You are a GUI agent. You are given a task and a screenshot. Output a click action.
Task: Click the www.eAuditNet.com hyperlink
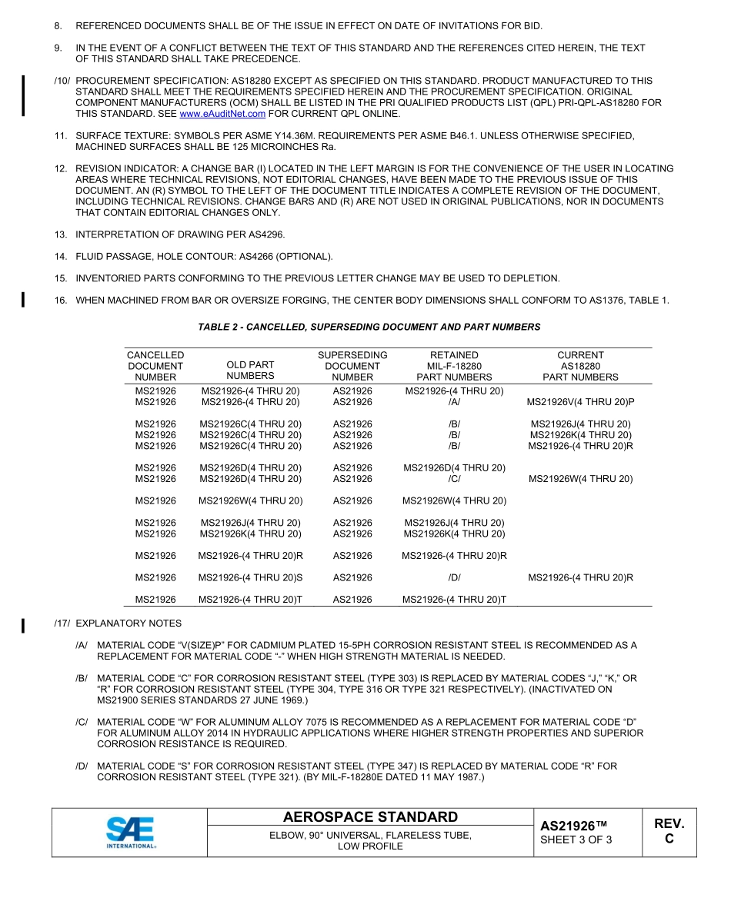tap(222, 114)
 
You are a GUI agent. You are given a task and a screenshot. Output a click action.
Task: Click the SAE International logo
tap(131, 832)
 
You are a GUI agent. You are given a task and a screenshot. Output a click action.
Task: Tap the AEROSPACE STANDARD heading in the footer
tap(370, 817)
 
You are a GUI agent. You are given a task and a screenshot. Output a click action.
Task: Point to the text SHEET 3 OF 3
tap(576, 840)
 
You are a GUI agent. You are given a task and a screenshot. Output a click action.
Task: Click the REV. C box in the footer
tap(669, 831)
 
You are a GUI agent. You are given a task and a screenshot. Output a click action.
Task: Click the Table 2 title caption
tap(369, 327)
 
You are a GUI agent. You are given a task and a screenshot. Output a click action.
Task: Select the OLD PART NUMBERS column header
tap(250, 371)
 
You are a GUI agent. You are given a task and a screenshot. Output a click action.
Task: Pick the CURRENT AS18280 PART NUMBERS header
tap(580, 366)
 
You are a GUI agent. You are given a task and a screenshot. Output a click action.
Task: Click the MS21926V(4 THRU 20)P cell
tap(580, 402)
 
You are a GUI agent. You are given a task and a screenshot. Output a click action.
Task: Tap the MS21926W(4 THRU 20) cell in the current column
tap(580, 479)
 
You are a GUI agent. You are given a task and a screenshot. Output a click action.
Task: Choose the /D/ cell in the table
tap(454, 577)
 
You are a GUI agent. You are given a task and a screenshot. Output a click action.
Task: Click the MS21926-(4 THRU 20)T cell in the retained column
tap(454, 600)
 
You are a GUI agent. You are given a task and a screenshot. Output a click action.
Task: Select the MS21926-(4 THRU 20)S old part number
tap(250, 577)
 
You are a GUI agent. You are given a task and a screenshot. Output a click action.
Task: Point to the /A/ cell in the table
tap(454, 402)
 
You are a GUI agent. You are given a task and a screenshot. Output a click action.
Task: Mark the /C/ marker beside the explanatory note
tap(82, 723)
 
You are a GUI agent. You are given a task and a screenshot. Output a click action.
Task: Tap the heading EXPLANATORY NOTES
tap(129, 623)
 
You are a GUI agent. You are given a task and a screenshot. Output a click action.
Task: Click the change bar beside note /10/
tap(24, 95)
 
